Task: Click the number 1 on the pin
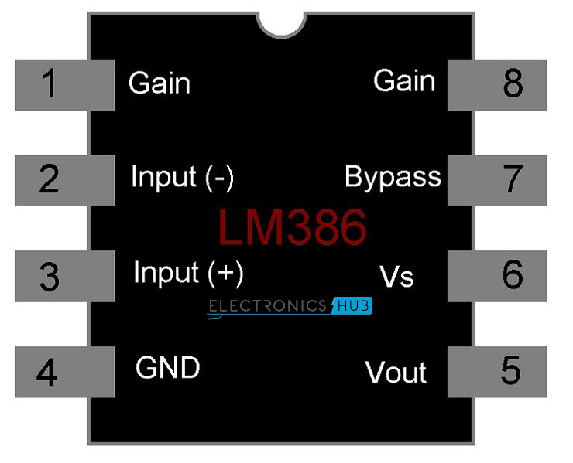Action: coord(49,83)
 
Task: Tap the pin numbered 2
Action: coord(49,180)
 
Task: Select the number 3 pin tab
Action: coord(49,276)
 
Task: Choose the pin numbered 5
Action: coord(510,372)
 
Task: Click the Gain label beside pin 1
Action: coord(159,83)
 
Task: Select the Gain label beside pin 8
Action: coord(404,80)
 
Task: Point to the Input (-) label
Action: coord(182,178)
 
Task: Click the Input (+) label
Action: coord(188,273)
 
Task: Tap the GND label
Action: coord(167,368)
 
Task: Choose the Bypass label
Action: coord(393,178)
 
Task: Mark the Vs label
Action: coord(397,276)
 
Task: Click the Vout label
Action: coord(396,373)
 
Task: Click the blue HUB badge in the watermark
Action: coord(352,306)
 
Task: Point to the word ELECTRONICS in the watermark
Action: coord(268,306)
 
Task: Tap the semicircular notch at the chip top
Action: coord(283,22)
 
